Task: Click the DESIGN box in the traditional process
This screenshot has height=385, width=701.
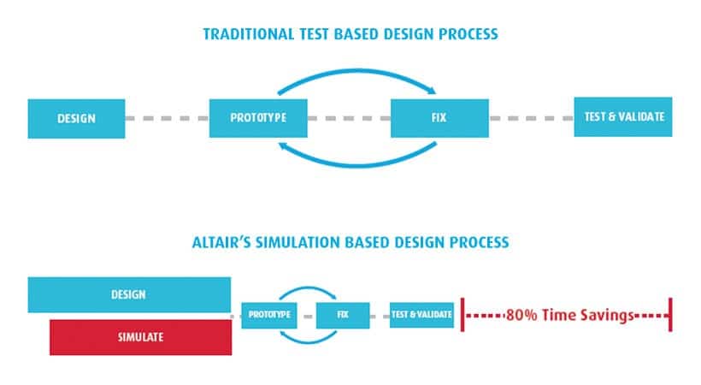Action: pyautogui.click(x=76, y=119)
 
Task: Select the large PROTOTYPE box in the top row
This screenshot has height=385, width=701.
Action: pyautogui.click(x=258, y=118)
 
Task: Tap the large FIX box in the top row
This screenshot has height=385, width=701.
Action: pyautogui.click(x=439, y=118)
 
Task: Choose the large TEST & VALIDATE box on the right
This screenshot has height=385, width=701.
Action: pyautogui.click(x=623, y=117)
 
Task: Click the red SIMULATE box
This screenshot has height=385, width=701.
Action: pyautogui.click(x=141, y=337)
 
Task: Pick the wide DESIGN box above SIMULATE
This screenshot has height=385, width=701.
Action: pyautogui.click(x=129, y=294)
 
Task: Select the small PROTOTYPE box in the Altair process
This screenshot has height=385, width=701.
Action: pyautogui.click(x=269, y=315)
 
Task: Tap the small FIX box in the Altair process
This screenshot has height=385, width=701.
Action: pyautogui.click(x=343, y=315)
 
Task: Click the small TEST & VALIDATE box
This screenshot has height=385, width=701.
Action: pyautogui.click(x=421, y=315)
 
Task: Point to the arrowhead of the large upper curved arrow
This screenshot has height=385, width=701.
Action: pyautogui.click(x=432, y=91)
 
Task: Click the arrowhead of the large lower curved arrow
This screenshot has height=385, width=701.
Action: pyautogui.click(x=283, y=145)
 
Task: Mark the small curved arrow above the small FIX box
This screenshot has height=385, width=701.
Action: pyautogui.click(x=308, y=287)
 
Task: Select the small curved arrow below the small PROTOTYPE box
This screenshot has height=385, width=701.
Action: pyautogui.click(x=308, y=342)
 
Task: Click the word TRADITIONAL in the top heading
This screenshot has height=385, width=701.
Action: pyautogui.click(x=249, y=34)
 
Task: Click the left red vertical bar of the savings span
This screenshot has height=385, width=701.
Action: pyautogui.click(x=462, y=315)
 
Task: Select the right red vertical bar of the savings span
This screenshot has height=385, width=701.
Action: pyautogui.click(x=670, y=315)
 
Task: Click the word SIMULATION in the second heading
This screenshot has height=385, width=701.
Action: pyautogui.click(x=297, y=242)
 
